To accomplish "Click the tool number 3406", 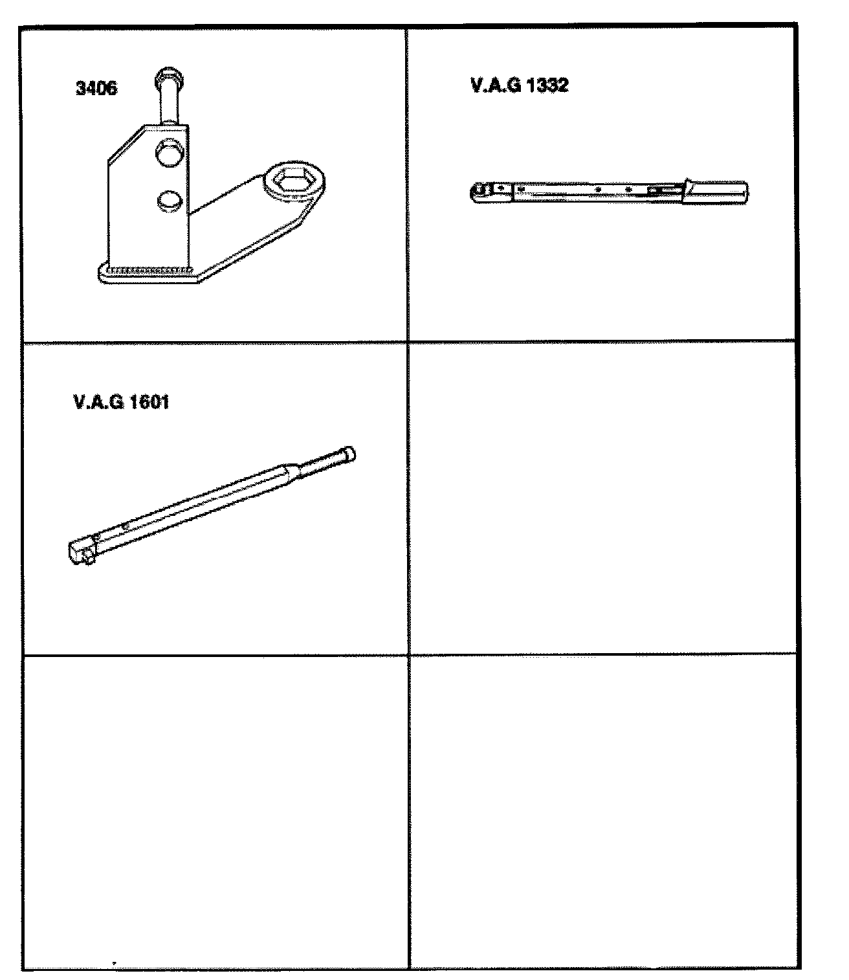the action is [x=96, y=88].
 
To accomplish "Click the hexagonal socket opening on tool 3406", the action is [x=290, y=181].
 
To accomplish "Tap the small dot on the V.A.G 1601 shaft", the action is [x=125, y=526].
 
